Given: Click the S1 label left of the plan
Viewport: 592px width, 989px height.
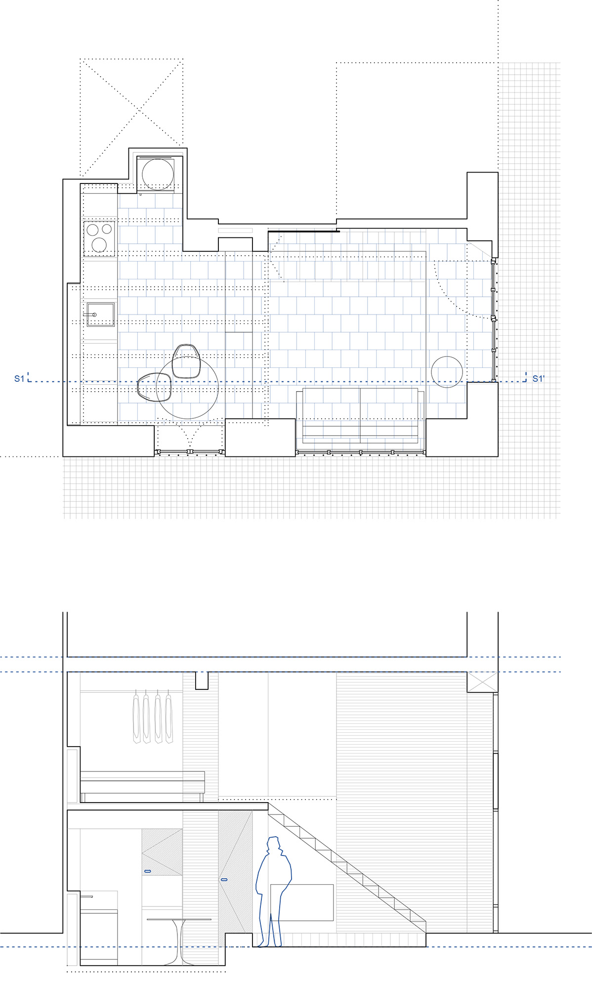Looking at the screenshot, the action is (x=19, y=378).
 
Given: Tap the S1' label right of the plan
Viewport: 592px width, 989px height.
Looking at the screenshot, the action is (x=538, y=379).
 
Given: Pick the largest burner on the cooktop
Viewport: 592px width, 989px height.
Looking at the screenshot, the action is (x=99, y=244).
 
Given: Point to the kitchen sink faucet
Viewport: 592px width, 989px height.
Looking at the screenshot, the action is (x=91, y=315).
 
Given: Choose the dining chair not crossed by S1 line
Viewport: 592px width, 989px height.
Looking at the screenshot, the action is (x=186, y=360).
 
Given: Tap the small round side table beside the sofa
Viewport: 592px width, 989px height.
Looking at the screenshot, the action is (x=447, y=372).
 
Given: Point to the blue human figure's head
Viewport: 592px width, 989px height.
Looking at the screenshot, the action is (x=274, y=845).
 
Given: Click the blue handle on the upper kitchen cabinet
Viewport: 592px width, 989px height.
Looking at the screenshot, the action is (x=147, y=871).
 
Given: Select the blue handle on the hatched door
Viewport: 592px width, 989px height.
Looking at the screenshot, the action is (x=224, y=880).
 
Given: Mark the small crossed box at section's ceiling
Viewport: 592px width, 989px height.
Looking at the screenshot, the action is (x=482, y=683).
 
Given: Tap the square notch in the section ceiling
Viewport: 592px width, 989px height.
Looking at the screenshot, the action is (x=202, y=680).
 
